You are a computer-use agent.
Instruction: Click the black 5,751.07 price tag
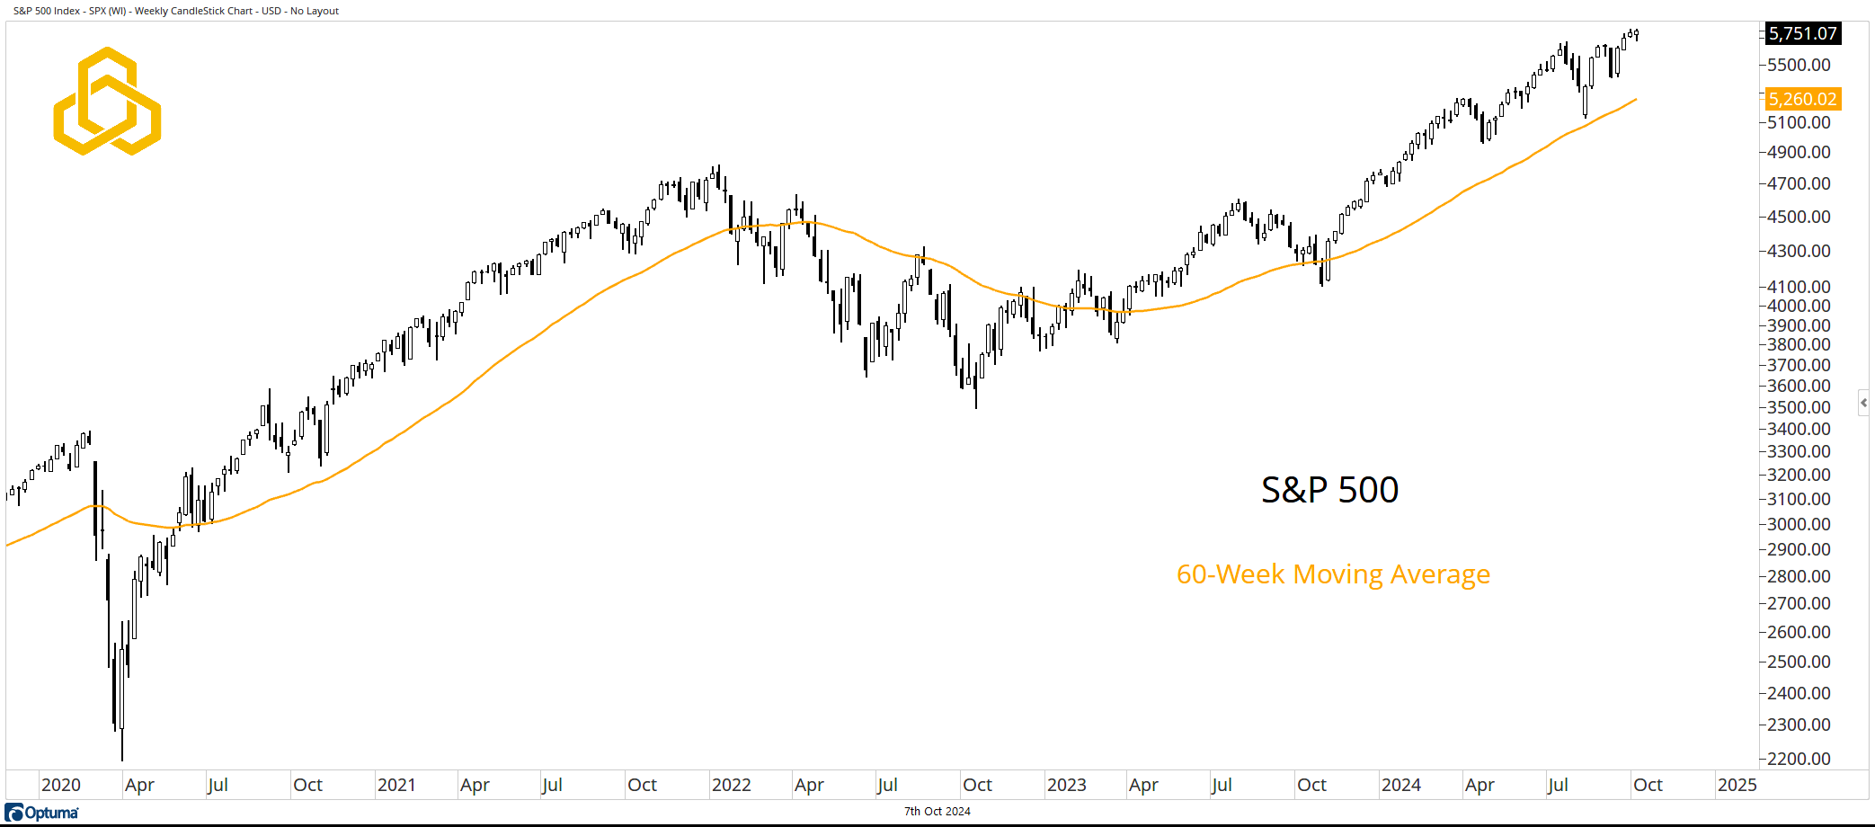click(x=1802, y=33)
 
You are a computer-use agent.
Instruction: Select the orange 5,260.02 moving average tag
click(x=1802, y=99)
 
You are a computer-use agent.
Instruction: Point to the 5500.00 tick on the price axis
click(x=1798, y=65)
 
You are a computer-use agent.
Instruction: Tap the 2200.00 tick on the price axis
click(x=1798, y=759)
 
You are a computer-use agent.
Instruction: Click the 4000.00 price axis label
click(x=1798, y=306)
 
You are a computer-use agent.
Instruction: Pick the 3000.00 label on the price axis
click(x=1798, y=524)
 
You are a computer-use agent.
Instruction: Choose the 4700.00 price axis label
click(x=1798, y=183)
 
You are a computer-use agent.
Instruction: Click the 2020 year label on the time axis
click(x=61, y=785)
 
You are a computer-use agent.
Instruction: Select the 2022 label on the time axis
click(x=731, y=785)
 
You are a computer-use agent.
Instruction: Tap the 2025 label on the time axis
click(x=1737, y=785)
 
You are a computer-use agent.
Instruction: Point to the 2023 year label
click(x=1066, y=785)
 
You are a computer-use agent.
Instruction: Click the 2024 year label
click(x=1400, y=785)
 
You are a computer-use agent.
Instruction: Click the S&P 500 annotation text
click(x=1329, y=490)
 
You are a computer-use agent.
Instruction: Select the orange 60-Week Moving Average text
click(x=1333, y=574)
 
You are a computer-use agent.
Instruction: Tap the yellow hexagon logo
click(x=107, y=101)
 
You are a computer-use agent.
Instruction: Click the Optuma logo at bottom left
click(x=42, y=813)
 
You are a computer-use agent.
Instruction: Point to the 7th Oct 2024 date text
click(x=937, y=812)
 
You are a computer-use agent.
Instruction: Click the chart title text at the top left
click(x=176, y=11)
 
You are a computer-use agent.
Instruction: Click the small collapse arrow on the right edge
click(x=1863, y=403)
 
